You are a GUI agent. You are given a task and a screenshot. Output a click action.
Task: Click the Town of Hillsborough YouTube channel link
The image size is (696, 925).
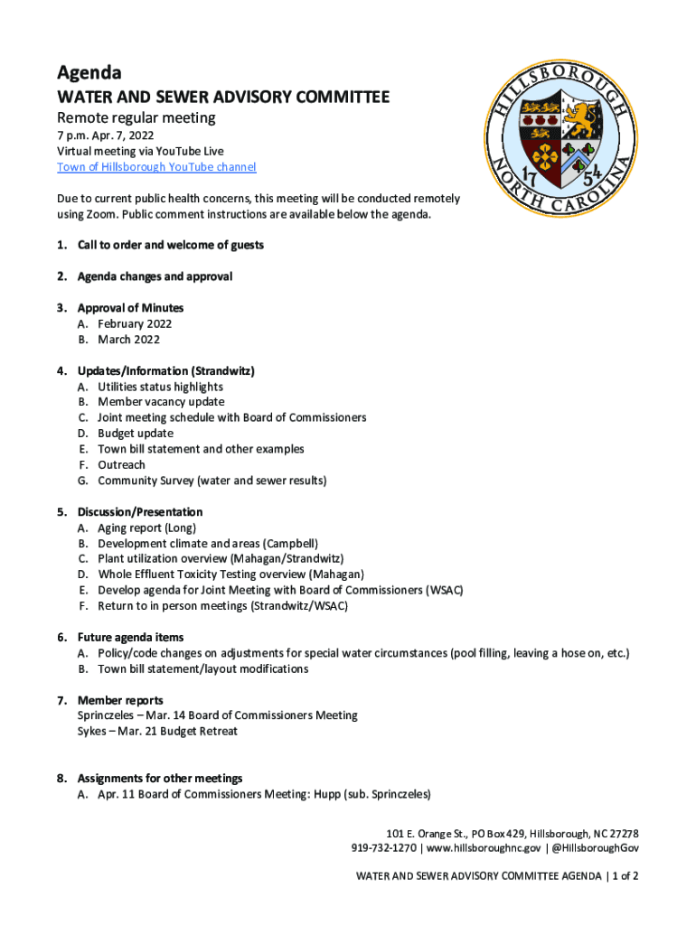click(x=156, y=167)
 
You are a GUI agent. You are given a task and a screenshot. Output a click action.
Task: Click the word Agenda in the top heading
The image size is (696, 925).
click(x=89, y=72)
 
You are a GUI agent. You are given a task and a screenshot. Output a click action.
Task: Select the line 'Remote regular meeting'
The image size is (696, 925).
click(x=136, y=117)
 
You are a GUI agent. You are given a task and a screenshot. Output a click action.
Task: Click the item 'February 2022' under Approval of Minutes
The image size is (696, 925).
click(x=135, y=323)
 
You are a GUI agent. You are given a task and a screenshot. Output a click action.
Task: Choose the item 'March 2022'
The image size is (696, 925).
click(x=128, y=340)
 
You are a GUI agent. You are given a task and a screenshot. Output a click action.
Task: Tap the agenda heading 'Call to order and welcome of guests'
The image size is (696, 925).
click(x=170, y=245)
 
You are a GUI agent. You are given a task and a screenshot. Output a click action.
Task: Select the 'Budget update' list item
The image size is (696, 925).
click(x=136, y=434)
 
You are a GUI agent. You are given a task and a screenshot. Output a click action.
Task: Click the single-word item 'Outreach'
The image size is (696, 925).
click(x=121, y=465)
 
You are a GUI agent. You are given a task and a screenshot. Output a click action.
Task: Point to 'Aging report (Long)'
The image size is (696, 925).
click(x=146, y=528)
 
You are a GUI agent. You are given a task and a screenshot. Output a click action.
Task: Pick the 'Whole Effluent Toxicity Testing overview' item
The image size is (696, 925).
click(x=230, y=575)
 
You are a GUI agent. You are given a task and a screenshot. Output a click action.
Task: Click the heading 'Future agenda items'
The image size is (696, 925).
click(x=130, y=638)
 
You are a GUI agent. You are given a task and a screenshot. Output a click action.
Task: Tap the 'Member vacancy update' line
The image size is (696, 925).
click(x=161, y=402)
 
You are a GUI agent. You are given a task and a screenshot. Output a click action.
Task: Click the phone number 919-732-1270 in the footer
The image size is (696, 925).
click(x=384, y=848)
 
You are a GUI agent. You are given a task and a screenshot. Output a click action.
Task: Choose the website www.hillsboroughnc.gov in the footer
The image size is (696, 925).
click(x=484, y=848)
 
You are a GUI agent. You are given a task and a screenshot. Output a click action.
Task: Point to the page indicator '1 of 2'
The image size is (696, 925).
click(x=625, y=875)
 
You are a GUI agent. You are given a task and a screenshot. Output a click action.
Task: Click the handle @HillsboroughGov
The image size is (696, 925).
click(x=596, y=848)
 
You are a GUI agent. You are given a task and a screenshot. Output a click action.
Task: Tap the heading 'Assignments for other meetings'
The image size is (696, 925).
click(x=160, y=778)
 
